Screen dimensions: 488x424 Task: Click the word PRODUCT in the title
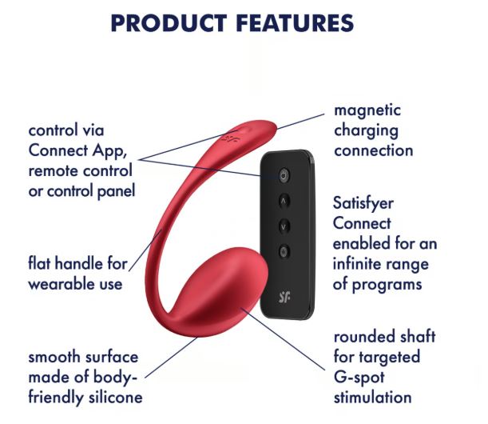point(169,23)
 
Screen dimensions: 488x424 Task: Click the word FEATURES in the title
point(295,23)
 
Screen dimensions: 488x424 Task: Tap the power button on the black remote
point(284,176)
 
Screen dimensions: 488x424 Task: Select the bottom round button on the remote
point(284,251)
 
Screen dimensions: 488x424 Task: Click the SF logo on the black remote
point(284,298)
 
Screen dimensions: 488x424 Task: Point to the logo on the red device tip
point(231,138)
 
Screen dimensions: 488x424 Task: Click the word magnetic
point(367,111)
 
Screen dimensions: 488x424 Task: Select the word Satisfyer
point(363,204)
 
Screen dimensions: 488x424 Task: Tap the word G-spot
point(359,378)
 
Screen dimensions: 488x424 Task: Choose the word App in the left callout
point(109,151)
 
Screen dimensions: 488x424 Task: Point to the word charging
point(366,131)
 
